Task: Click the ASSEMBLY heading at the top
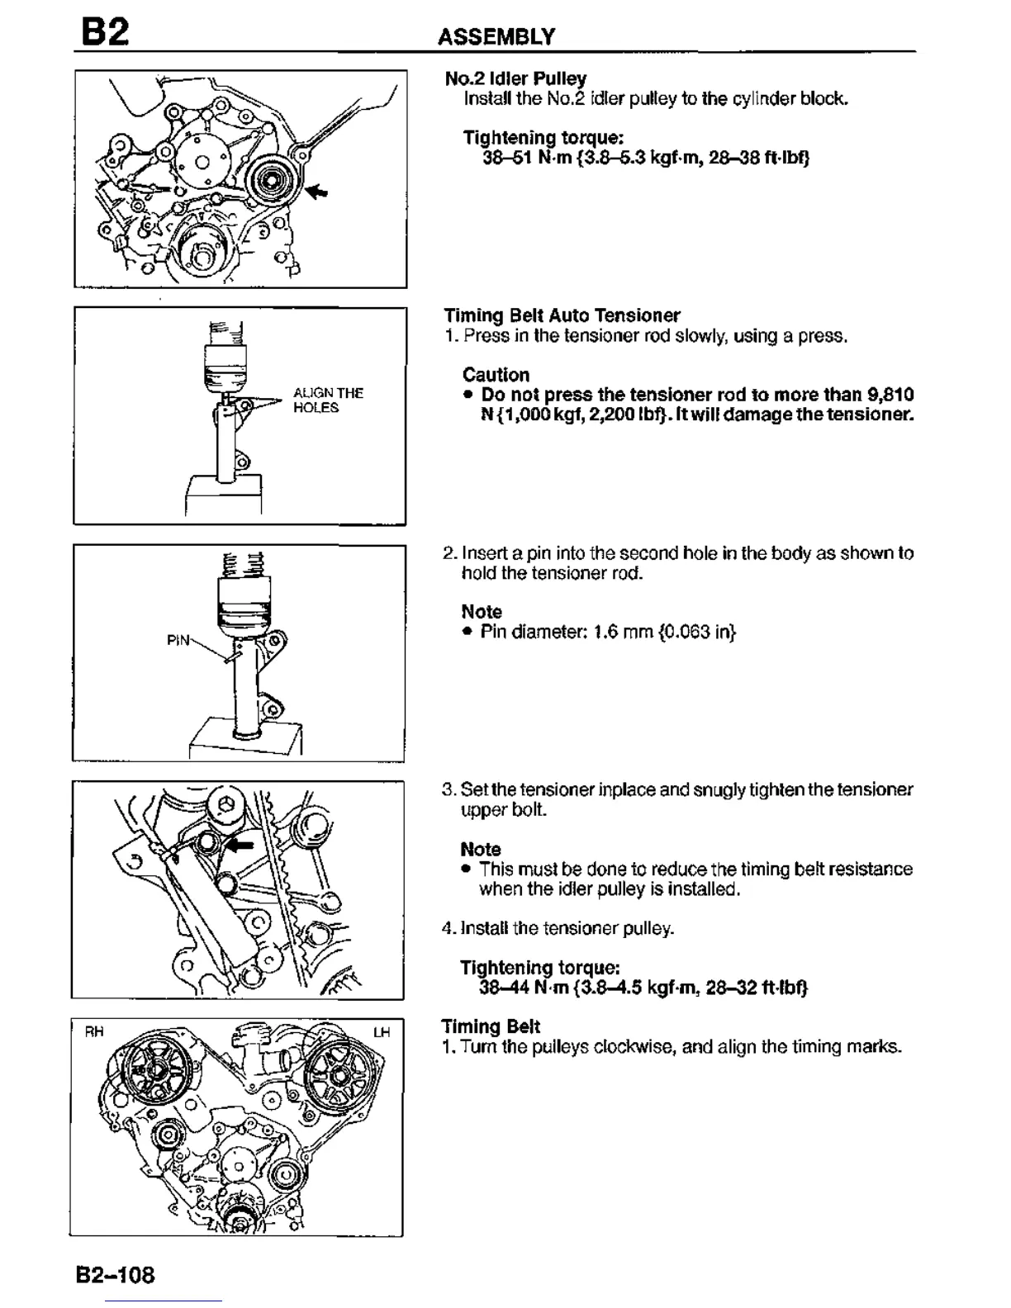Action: [496, 36]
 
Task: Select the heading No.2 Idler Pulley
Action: [515, 78]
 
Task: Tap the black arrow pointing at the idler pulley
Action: [317, 191]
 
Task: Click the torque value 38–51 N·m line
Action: [645, 158]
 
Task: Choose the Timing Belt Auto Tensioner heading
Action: [562, 315]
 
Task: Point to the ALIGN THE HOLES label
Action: [328, 400]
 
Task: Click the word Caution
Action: [496, 375]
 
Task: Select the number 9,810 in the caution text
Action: [890, 395]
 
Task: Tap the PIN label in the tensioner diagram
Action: [178, 640]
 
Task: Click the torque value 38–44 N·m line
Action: [643, 988]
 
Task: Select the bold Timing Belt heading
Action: [491, 1026]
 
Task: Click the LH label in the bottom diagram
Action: [381, 1033]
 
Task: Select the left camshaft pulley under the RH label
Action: [157, 1070]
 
